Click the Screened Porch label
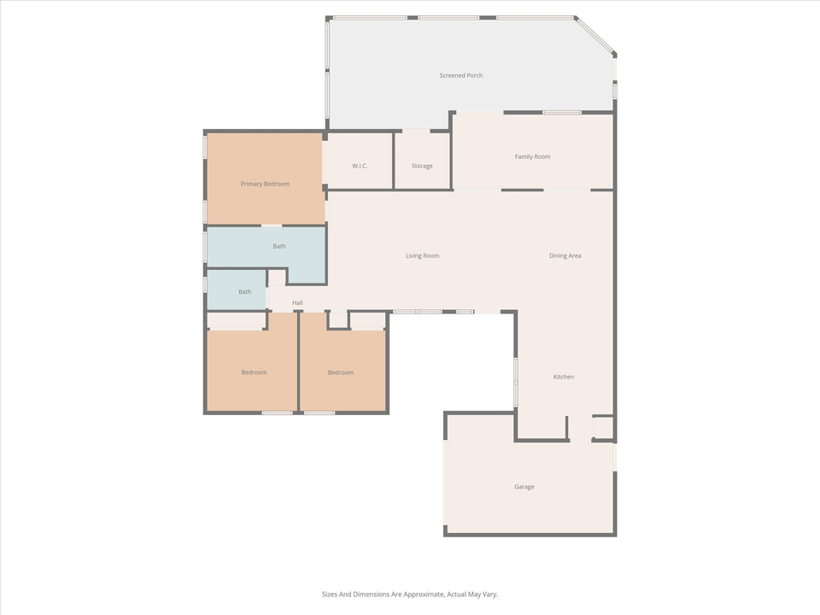(x=461, y=75)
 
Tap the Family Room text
(x=532, y=156)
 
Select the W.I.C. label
(x=360, y=166)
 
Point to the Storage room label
(x=422, y=166)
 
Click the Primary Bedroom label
(x=265, y=184)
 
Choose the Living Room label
(x=422, y=255)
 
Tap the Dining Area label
(x=565, y=255)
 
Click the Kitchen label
(x=564, y=377)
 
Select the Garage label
(x=524, y=487)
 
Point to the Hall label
(x=297, y=302)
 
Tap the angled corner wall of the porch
(x=595, y=35)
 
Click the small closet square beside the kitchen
(x=603, y=427)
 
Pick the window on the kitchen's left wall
(x=515, y=382)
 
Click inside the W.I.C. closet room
(x=360, y=149)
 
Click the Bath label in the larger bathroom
(x=279, y=246)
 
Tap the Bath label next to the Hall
(x=245, y=291)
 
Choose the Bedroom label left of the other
(x=254, y=372)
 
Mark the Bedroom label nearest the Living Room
(x=341, y=372)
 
